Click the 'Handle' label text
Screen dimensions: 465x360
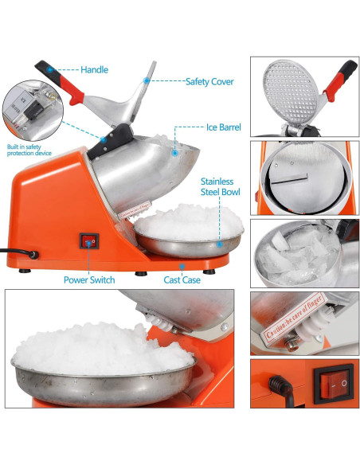tap(94, 70)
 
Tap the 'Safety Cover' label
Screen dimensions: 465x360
tap(209, 80)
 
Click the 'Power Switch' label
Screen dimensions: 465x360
tap(89, 279)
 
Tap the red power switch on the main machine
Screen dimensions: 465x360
tap(89, 243)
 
